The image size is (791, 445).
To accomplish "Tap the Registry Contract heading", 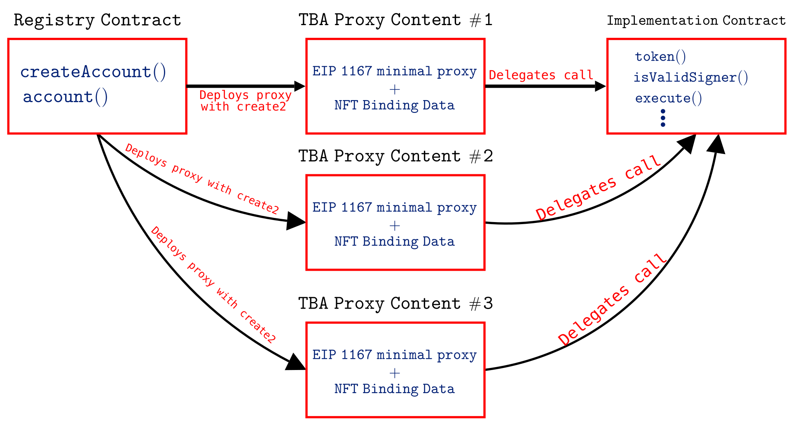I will point(97,20).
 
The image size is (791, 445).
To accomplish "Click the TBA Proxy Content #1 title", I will point(395,20).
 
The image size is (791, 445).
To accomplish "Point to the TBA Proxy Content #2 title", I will point(395,156).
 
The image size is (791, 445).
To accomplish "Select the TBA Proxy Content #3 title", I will point(395,304).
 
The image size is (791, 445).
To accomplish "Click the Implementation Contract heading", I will point(696,21).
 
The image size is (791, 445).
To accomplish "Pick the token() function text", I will point(660,56).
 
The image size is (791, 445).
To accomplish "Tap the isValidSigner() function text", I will point(690,77).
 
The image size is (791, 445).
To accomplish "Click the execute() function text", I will point(668,98).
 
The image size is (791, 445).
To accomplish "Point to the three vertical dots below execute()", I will point(662,118).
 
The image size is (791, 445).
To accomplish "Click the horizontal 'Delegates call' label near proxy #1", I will point(541,75).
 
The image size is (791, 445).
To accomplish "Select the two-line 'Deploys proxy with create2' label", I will point(245,101).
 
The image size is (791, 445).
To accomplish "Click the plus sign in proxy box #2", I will point(395,226).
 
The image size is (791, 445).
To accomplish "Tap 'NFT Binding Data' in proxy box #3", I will point(394,389).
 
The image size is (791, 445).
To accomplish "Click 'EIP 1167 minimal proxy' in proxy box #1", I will point(394,71).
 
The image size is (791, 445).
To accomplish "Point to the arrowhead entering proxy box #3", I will point(296,363).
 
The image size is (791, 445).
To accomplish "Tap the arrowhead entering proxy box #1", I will point(300,86).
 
